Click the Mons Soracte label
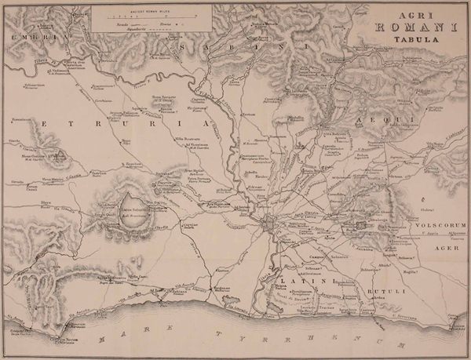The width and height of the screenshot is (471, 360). click(x=161, y=96)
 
